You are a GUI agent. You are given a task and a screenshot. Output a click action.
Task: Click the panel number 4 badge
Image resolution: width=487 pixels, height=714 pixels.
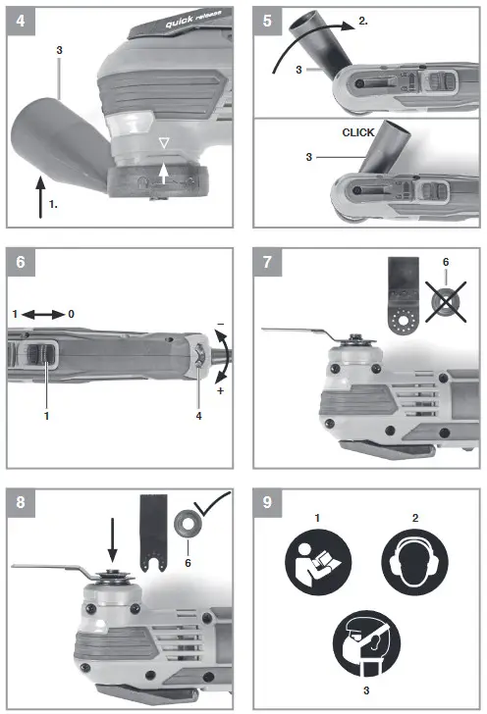16,18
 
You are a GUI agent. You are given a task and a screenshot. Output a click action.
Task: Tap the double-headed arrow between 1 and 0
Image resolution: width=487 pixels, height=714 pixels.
45,314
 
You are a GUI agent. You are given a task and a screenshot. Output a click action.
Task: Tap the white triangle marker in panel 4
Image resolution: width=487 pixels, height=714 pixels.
165,145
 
